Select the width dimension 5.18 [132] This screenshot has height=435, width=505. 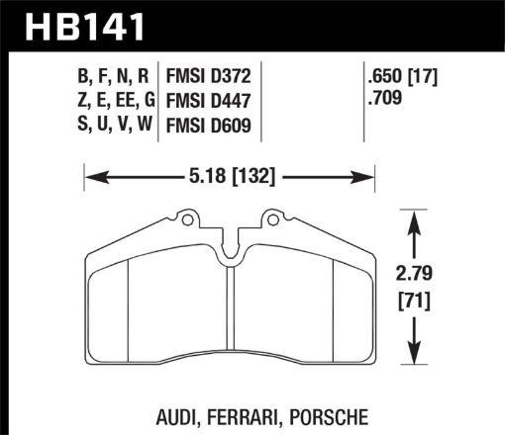(x=231, y=178)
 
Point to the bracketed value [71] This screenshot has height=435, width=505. (x=413, y=300)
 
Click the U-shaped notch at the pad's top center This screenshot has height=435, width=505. (x=230, y=255)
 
